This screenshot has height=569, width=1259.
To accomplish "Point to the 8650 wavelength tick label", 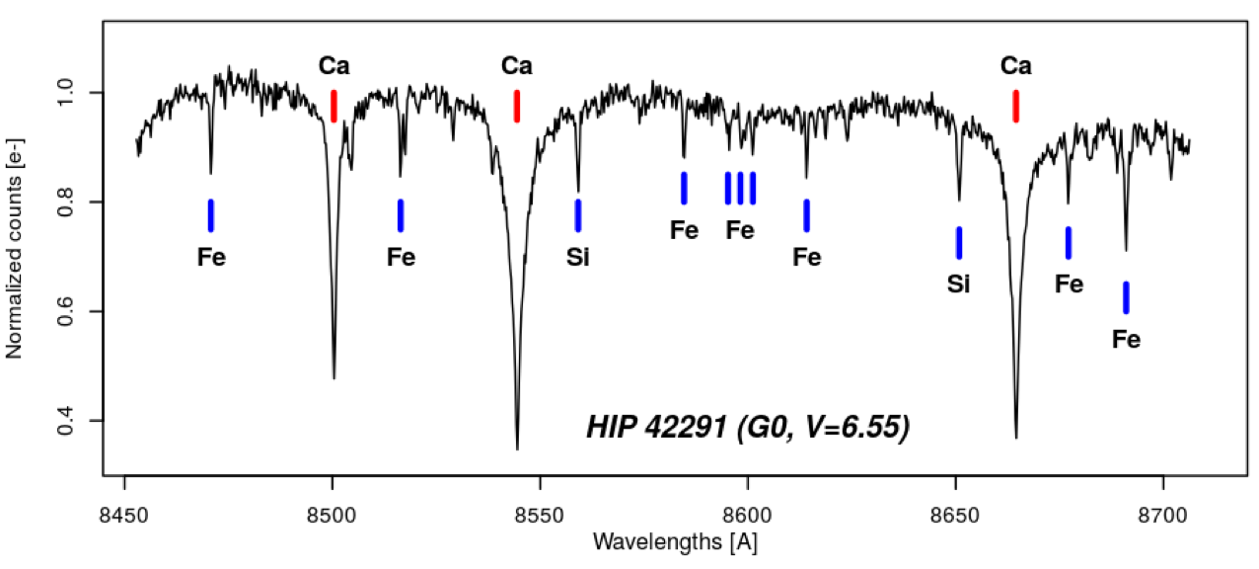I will coord(956,512).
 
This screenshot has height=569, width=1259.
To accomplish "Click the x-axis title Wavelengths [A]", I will coord(675,542).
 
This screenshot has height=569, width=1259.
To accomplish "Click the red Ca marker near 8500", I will coord(334,106).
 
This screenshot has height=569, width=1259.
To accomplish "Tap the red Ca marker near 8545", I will coord(517,106).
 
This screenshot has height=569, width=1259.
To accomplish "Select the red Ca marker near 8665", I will coord(1016,106).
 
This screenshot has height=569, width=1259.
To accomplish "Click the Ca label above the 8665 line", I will coord(1016,66).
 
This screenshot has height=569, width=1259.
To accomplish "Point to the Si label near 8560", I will coord(578,257).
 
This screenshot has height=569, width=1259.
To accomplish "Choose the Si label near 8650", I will coord(959,284).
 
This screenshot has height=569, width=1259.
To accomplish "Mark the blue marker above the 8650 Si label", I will coord(959,243).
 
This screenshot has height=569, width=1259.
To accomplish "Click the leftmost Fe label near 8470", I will coord(211,257).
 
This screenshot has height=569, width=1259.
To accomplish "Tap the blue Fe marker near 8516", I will coord(401,215).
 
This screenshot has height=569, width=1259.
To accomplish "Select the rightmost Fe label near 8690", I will coord(1127,340).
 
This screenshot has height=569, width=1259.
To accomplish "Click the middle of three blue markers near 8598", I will coord(740,188).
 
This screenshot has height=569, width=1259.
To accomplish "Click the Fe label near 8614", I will coord(807,257).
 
